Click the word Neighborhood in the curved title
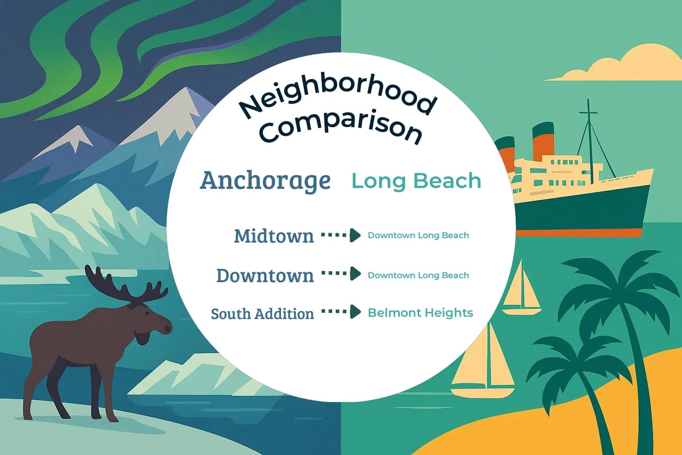337,96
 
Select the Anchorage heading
266,180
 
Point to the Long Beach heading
416,181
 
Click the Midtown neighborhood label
274,236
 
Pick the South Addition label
262,314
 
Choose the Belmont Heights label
420,313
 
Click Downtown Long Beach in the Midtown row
418,235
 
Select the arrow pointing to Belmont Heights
341,312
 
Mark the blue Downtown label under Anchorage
265,275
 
